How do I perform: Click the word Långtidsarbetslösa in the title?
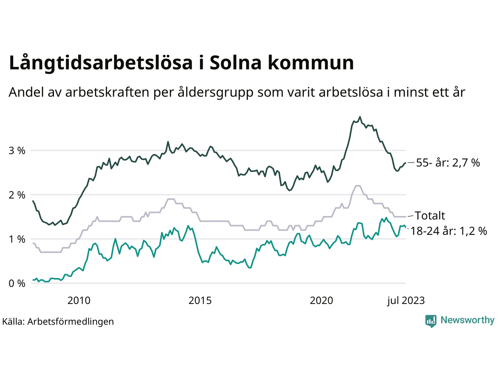tap(101, 63)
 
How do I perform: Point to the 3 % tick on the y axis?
tap(17, 150)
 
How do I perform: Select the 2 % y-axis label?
tap(17, 195)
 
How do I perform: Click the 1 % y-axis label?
tap(17, 239)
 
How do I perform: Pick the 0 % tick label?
tap(17, 283)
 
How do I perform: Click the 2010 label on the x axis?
tap(79, 300)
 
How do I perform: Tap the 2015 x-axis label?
tap(200, 300)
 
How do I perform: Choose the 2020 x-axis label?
tap(321, 300)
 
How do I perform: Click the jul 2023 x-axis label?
tap(406, 300)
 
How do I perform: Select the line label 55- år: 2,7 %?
tap(448, 162)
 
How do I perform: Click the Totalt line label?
tap(430, 216)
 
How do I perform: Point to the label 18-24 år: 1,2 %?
tap(449, 231)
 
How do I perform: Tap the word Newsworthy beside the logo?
tap(467, 320)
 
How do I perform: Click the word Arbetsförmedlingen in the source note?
tap(71, 321)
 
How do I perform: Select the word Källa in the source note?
tap(13, 321)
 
